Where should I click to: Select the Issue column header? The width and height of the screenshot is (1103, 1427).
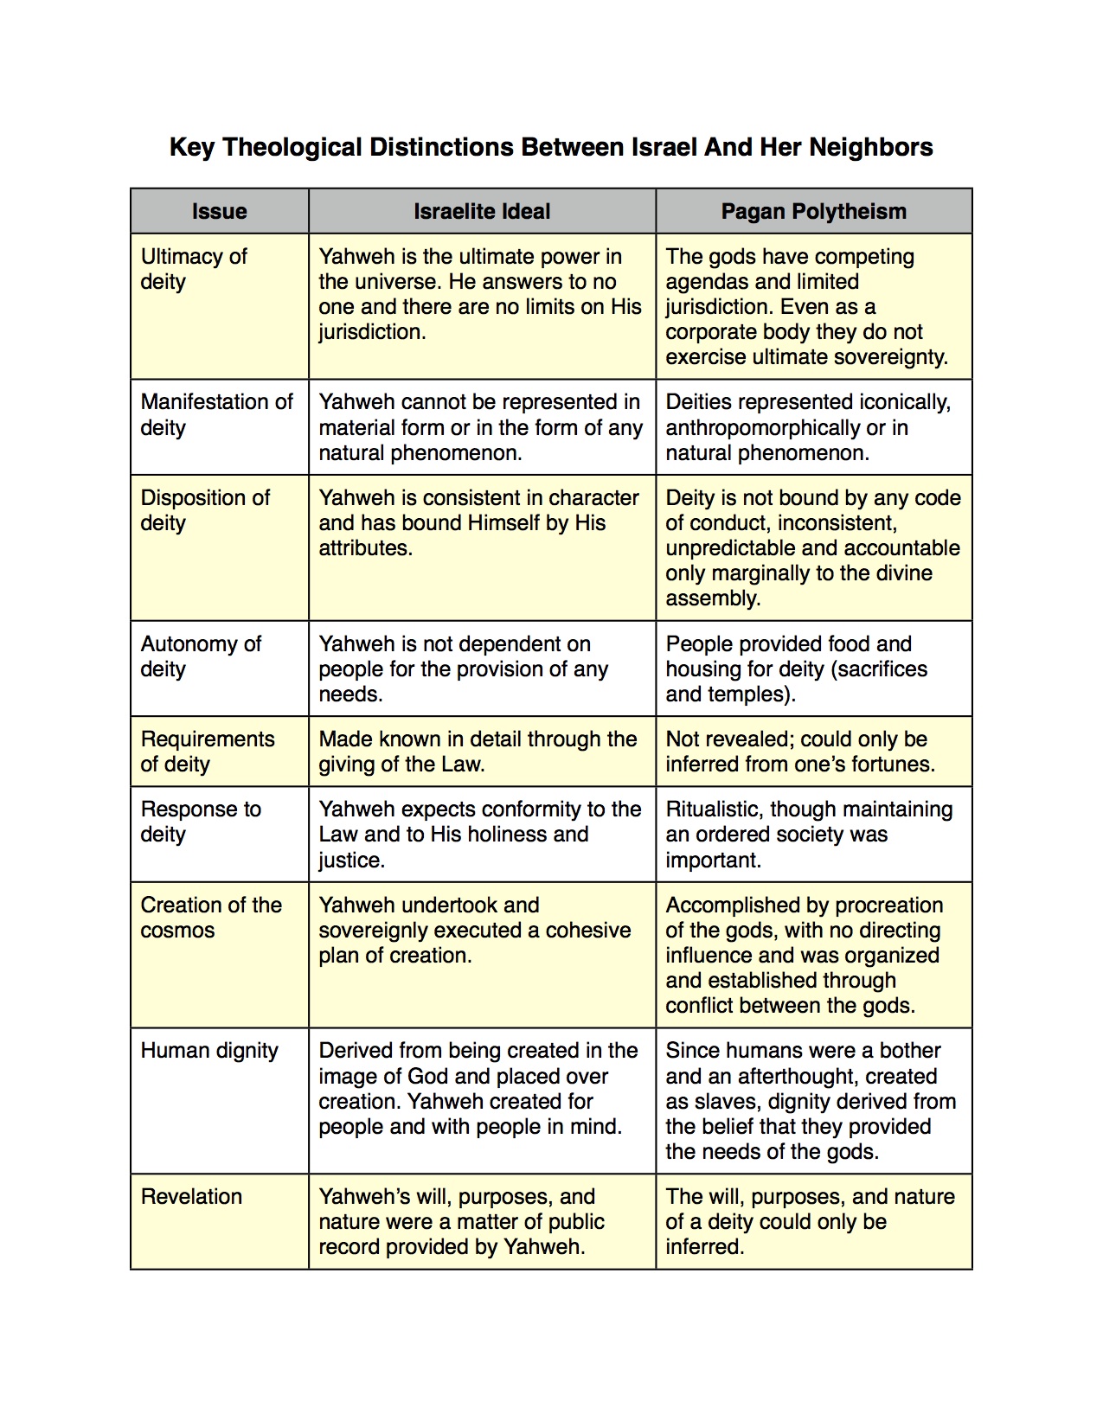click(x=219, y=211)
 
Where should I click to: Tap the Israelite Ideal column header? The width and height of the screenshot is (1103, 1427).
click(x=482, y=211)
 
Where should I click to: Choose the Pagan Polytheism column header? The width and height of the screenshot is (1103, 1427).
click(x=813, y=211)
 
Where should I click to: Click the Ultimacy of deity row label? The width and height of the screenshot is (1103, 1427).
click(x=194, y=269)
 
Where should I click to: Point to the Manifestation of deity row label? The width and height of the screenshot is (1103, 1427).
click(x=216, y=414)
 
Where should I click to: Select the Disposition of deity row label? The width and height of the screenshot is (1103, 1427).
click(x=205, y=510)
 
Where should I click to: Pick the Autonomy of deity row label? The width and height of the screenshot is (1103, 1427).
click(x=201, y=656)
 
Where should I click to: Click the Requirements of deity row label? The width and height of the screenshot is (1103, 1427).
click(x=208, y=752)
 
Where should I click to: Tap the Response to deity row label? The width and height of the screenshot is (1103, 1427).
click(x=201, y=822)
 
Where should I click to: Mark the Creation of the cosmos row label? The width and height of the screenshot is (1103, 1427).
click(x=211, y=918)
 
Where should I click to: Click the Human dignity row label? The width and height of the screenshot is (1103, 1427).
click(x=209, y=1051)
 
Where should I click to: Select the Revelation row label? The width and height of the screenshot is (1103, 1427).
click(x=191, y=1197)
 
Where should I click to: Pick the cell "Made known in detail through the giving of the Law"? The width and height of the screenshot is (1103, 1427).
click(x=478, y=752)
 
